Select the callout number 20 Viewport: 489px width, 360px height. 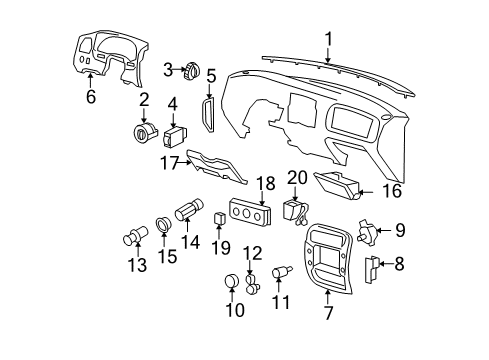(x=295, y=178)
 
